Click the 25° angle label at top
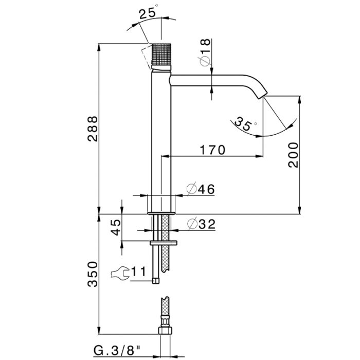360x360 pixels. pyautogui.click(x=148, y=14)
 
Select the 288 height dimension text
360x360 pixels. pyautogui.click(x=93, y=129)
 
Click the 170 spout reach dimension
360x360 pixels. pyautogui.click(x=212, y=150)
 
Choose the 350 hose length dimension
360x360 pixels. pyautogui.click(x=93, y=275)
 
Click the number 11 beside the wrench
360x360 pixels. pyautogui.click(x=139, y=271)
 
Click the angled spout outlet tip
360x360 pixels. pyautogui.click(x=263, y=94)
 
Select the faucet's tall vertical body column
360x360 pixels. pyautogui.click(x=160, y=139)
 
